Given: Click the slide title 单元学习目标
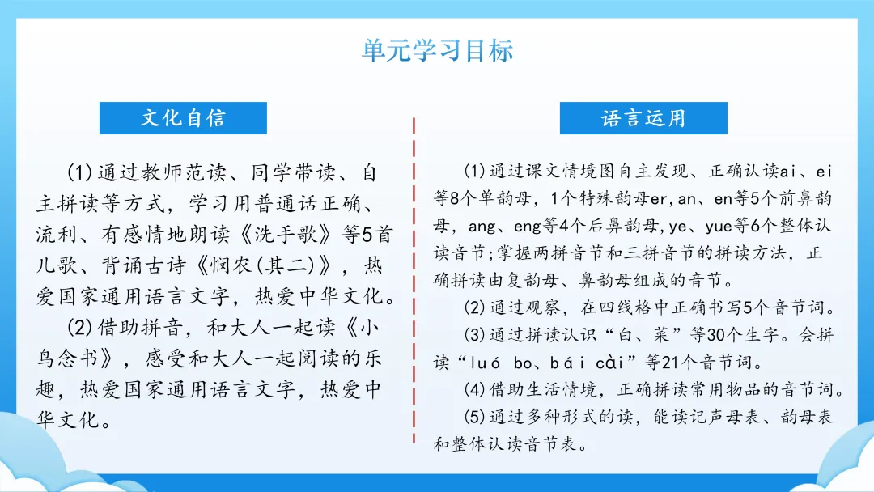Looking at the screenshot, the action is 438,50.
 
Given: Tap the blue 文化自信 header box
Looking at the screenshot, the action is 183,118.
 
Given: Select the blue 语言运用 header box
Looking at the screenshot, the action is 643,118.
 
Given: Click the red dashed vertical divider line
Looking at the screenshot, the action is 414,280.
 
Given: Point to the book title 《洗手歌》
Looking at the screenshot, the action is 286,234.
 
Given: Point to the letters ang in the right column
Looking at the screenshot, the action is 482,227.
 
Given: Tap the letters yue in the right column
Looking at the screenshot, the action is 718,227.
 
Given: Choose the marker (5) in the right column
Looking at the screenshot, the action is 474,417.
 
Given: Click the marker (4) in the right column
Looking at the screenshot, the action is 474,389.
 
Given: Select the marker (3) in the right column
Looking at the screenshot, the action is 474,335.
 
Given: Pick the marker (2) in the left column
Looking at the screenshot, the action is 79,327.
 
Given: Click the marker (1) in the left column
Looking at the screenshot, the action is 79,172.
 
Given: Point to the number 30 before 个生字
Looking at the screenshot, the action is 718,335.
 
